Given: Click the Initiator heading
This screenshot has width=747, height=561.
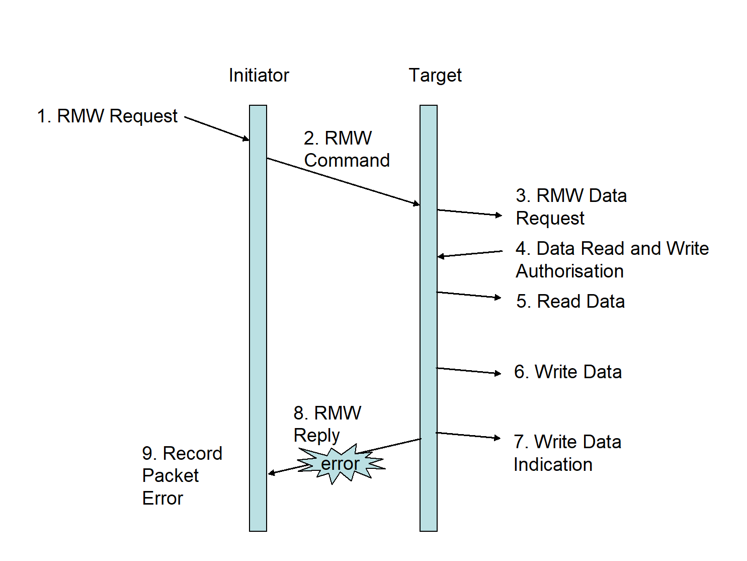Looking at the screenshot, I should click(259, 76).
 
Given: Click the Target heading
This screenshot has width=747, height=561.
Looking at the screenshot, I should click(435, 76).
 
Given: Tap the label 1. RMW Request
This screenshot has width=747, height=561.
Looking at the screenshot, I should click(107, 116).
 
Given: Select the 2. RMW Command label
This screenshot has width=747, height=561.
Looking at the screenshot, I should click(347, 149).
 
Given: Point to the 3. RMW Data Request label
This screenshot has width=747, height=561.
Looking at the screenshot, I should click(571, 206).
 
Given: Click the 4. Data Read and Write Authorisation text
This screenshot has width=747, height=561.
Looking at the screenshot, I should click(612, 259).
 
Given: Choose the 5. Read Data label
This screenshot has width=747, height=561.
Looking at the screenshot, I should click(570, 301).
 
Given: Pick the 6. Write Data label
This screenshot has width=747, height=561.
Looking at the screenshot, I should click(568, 372).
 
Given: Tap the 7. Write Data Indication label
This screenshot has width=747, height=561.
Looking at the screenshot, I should click(567, 453).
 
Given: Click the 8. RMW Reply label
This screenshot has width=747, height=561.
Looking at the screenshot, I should click(327, 424).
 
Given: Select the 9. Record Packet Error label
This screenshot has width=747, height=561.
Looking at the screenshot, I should click(182, 475).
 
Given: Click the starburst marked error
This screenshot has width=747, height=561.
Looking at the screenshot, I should click(341, 463).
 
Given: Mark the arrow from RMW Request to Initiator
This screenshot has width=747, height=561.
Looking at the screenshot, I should click(217, 128).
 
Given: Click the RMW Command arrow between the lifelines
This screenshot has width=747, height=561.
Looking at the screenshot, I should click(343, 181).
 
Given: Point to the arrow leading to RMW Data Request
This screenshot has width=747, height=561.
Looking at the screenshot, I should click(469, 213).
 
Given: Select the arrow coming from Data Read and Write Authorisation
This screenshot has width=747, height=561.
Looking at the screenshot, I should click(470, 254).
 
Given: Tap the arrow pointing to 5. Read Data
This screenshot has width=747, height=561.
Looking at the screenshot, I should click(468, 295).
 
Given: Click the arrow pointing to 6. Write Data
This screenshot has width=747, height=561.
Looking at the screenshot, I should click(468, 371).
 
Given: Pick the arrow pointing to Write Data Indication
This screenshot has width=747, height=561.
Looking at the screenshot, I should click(468, 435).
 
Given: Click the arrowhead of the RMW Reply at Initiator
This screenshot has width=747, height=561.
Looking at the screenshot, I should click(272, 473).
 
